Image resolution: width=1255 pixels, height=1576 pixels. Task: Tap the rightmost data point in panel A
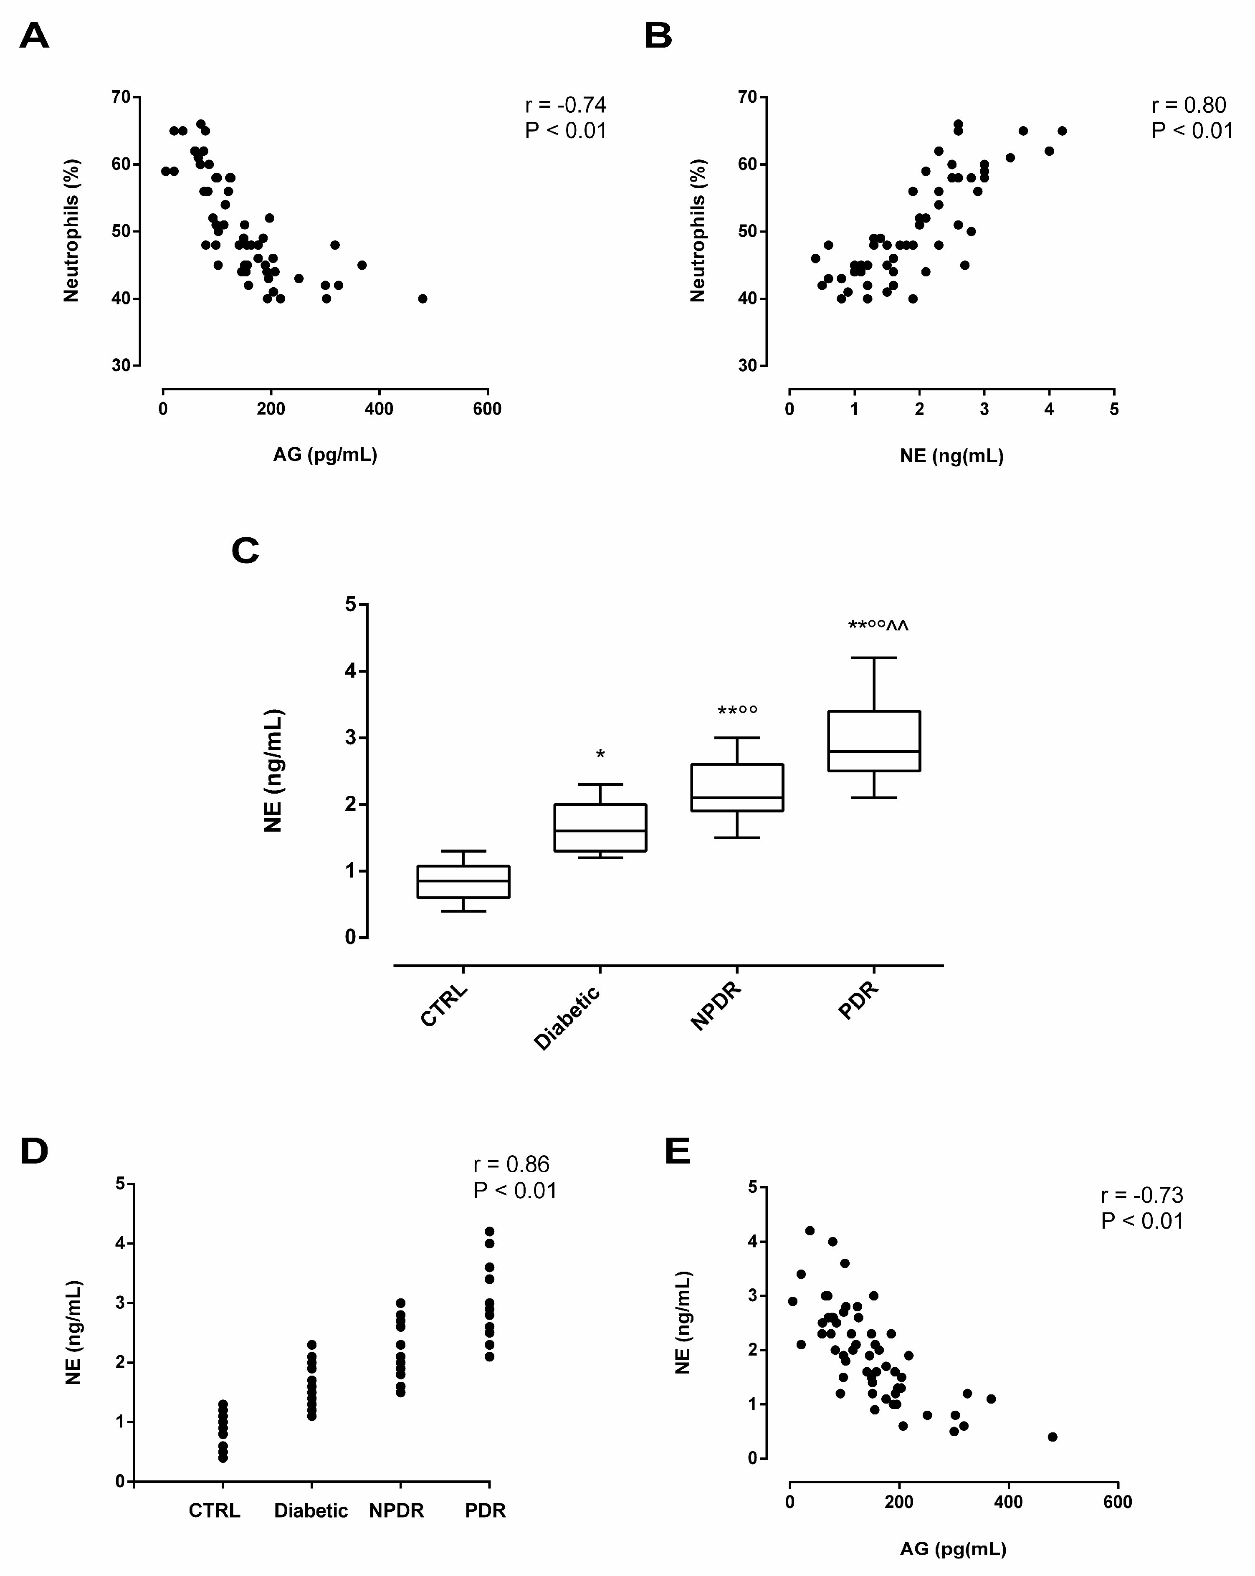point(423,298)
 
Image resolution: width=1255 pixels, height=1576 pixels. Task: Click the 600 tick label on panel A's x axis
point(487,410)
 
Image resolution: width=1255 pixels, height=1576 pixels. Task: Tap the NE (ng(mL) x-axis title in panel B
point(951,456)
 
